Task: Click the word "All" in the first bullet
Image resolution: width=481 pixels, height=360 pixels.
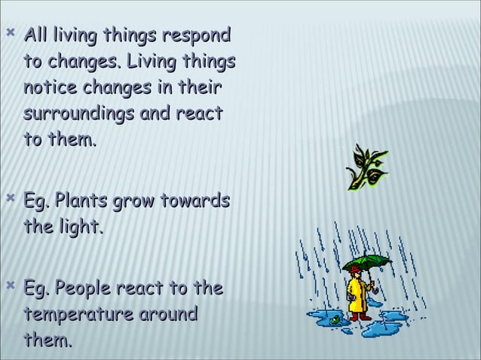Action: pos(38,35)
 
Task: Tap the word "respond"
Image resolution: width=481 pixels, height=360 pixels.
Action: pos(195,36)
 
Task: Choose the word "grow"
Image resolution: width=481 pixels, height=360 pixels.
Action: pos(138,202)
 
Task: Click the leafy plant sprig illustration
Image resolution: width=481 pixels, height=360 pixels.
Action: pos(366,166)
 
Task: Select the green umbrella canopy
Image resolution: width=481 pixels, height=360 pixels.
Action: pos(366,263)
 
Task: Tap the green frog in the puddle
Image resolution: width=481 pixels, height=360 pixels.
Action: pos(332,320)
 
